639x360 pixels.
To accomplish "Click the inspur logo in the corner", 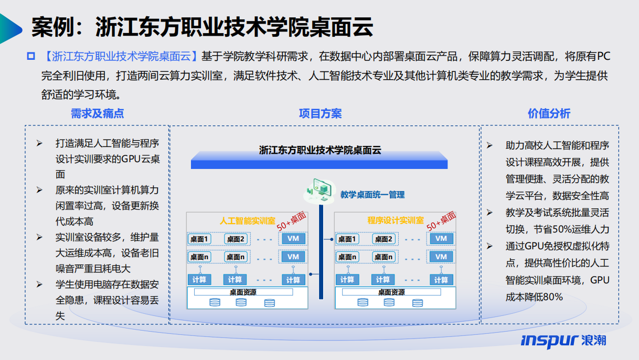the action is tap(563, 341).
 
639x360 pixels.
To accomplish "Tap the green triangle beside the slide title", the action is tap(10, 29).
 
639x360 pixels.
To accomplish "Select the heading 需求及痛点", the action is tap(97, 113).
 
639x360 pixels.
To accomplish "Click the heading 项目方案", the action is tap(320, 113).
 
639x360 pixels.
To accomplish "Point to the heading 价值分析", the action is tap(549, 113).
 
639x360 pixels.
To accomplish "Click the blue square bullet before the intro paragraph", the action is tap(31, 56).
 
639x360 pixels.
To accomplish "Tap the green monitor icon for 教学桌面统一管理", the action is tap(320, 190).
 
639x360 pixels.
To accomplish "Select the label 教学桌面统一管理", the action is tap(372, 195).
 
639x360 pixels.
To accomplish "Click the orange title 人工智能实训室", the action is tap(247, 220).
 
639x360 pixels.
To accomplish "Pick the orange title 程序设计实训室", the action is tap(396, 220).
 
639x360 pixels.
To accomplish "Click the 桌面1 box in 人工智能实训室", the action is tap(199, 239).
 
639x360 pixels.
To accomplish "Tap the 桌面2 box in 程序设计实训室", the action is tap(384, 239).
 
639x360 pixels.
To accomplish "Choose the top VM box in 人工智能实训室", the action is tap(293, 238).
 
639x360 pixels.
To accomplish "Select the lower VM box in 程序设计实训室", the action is tap(441, 257).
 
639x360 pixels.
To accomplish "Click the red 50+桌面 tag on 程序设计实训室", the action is tap(441, 221).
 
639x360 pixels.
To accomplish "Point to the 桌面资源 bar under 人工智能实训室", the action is tap(243, 292).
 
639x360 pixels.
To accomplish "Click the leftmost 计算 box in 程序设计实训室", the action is tap(347, 280).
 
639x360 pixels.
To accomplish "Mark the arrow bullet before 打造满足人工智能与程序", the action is tap(39, 143).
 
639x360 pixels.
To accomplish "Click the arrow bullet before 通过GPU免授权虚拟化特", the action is tap(489, 246).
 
